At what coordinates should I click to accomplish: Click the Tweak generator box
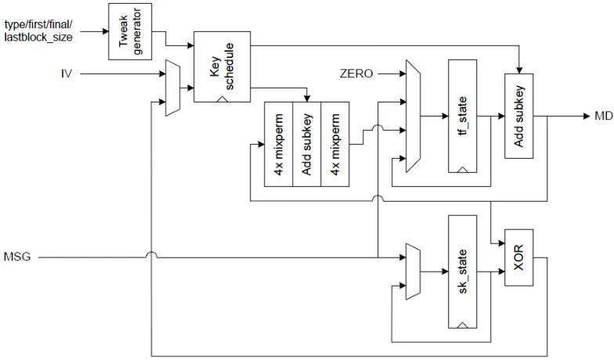pyautogui.click(x=130, y=31)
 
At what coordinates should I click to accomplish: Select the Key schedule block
pyautogui.click(x=222, y=67)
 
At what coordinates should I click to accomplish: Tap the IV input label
pyautogui.click(x=67, y=74)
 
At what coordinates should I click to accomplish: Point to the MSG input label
pyautogui.click(x=17, y=257)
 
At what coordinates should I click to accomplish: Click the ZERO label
pyautogui.click(x=356, y=74)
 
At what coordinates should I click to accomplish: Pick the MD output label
pyautogui.click(x=603, y=116)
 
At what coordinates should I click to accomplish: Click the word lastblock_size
pyautogui.click(x=38, y=38)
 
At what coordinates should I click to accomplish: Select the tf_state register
pyautogui.click(x=462, y=116)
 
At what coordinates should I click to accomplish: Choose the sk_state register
pyautogui.click(x=462, y=272)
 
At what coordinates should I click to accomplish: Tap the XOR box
pyautogui.click(x=518, y=257)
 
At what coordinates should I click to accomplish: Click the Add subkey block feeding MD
pyautogui.click(x=518, y=116)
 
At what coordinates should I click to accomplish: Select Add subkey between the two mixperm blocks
pyautogui.click(x=307, y=144)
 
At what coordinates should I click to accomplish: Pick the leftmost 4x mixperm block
pyautogui.click(x=279, y=144)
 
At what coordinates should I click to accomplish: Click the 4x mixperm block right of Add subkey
pyautogui.click(x=335, y=144)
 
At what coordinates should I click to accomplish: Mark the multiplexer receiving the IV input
pyautogui.click(x=172, y=88)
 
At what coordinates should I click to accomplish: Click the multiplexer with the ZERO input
pyautogui.click(x=414, y=116)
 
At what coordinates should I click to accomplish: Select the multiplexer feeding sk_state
pyautogui.click(x=414, y=272)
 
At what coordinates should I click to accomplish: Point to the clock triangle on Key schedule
pyautogui.click(x=222, y=99)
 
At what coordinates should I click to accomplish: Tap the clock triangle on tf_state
pyautogui.click(x=462, y=169)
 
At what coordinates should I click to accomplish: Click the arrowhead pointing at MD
pyautogui.click(x=587, y=116)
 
